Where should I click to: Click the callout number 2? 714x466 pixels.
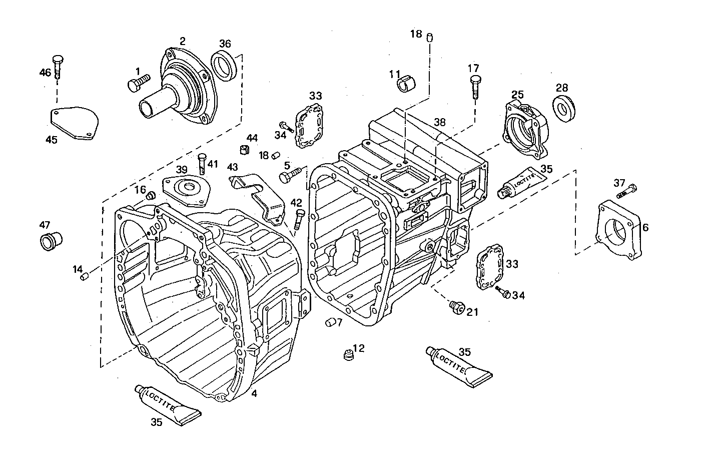coord(183,41)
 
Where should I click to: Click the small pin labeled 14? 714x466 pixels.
coord(85,276)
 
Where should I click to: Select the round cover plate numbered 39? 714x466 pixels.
coord(186,191)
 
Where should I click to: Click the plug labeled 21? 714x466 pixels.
coord(457,306)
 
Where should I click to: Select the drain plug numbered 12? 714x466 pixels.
coord(348,355)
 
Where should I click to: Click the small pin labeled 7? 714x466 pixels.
coord(330,322)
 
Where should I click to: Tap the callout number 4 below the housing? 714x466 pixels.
coord(254,394)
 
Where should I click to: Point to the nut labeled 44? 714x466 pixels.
coord(245,149)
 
